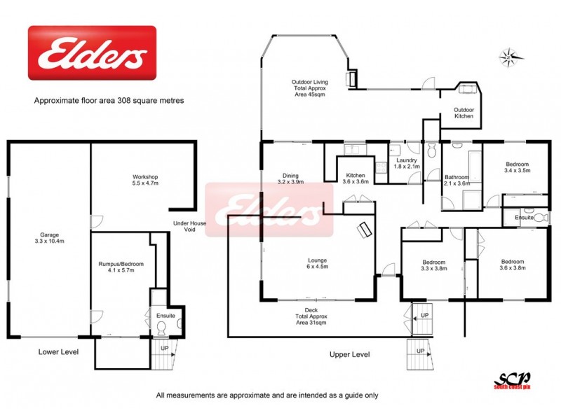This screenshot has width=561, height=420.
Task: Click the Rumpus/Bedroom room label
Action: point(121,267)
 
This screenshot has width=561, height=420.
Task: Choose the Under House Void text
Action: point(189,227)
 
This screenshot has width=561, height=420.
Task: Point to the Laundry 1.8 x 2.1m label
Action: point(407,164)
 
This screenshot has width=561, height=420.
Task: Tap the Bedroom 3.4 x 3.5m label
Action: point(518,167)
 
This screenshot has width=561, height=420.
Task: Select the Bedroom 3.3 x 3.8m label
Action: point(433,265)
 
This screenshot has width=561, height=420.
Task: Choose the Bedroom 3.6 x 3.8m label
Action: point(511,265)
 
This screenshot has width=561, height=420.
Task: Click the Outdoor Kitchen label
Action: point(464,113)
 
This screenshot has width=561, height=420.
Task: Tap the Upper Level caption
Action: point(349,355)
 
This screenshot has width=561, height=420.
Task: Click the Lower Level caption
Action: point(59,351)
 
